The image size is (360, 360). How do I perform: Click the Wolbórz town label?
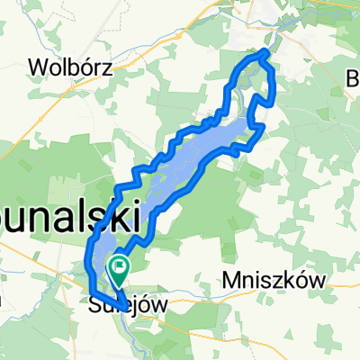pyautogui.click(x=63, y=67)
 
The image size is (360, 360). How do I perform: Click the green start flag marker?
pyautogui.click(x=119, y=267)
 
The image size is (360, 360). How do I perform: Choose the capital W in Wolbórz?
pyautogui.click(x=39, y=67)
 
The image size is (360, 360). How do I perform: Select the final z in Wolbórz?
pyautogui.click(x=94, y=67)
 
